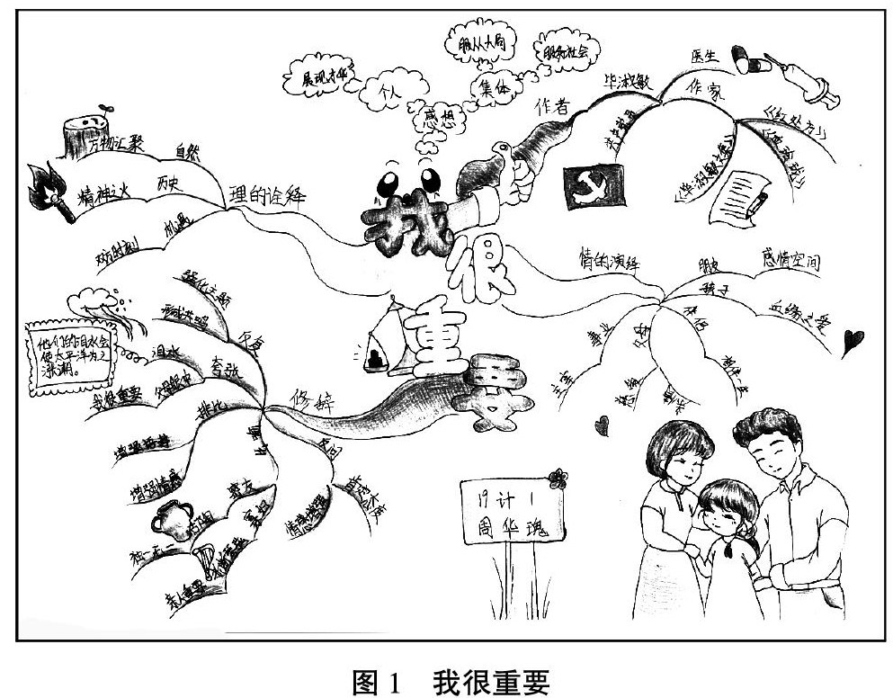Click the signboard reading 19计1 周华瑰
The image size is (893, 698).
pyautogui.click(x=507, y=511)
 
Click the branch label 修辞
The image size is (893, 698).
pyautogui.click(x=308, y=396)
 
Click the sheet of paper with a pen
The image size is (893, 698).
pyautogui.click(x=738, y=196)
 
